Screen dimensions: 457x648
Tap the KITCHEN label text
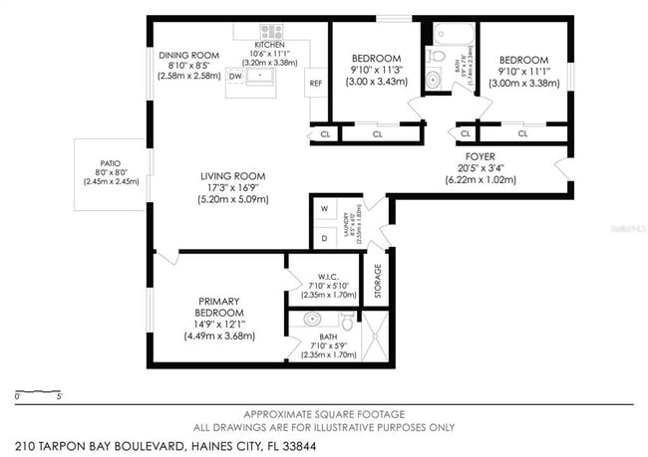[269, 45]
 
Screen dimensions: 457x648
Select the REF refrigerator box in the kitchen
[315, 83]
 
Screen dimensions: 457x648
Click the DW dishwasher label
[235, 76]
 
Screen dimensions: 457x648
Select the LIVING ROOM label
[236, 177]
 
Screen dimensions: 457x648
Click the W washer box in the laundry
[324, 209]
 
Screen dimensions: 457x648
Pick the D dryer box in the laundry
[324, 238]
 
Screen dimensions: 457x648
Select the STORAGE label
[377, 281]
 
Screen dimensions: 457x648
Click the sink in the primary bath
[311, 321]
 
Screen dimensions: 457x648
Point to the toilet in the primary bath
[345, 321]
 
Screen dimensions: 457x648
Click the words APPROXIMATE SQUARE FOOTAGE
[324, 413]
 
